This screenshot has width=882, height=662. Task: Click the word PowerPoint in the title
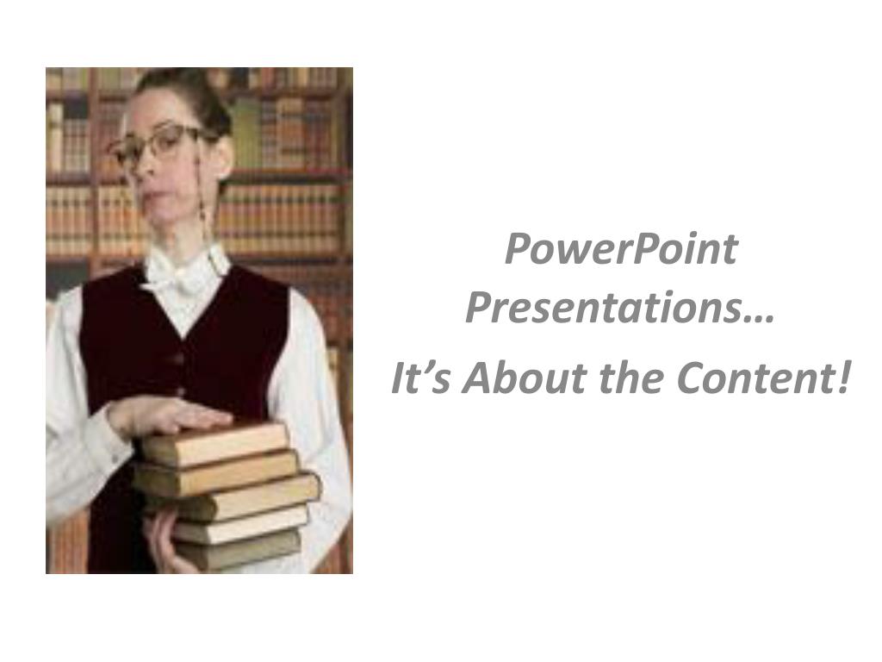click(x=621, y=249)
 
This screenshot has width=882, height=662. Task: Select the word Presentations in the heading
click(x=603, y=308)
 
